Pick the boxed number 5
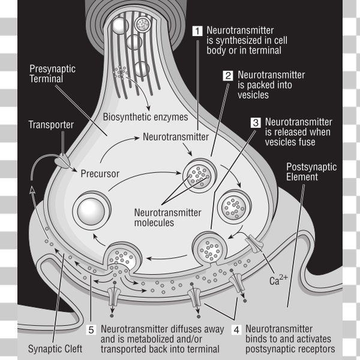91,329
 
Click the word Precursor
100,174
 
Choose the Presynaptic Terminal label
53,74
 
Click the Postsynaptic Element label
311,172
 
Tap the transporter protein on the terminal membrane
62,160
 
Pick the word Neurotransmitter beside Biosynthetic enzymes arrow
175,137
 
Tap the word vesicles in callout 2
253,95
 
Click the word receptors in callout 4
315,349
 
